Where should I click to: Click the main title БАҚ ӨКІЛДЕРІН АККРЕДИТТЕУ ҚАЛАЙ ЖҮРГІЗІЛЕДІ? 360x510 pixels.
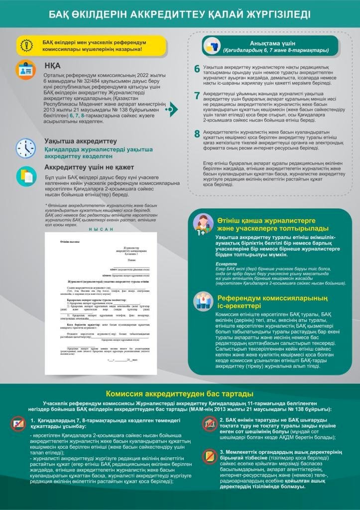[x=180, y=14]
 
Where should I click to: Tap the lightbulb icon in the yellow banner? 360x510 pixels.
[x=26, y=45]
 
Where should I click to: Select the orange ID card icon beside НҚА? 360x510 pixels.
[x=25, y=70]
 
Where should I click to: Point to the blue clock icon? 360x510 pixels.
[x=25, y=148]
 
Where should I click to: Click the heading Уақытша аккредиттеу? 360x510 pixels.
[x=81, y=141]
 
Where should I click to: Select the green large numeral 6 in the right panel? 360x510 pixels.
[x=197, y=69]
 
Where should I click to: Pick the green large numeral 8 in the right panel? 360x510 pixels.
[x=197, y=133]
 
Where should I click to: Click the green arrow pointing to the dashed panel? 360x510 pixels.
[x=171, y=108]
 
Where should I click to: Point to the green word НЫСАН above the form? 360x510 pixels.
[x=101, y=229]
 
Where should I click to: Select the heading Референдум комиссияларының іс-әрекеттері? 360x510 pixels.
[x=266, y=301]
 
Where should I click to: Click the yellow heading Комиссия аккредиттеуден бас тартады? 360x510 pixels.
[x=180, y=394]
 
